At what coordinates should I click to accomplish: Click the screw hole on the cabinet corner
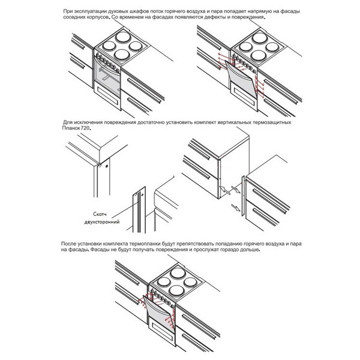107,162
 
